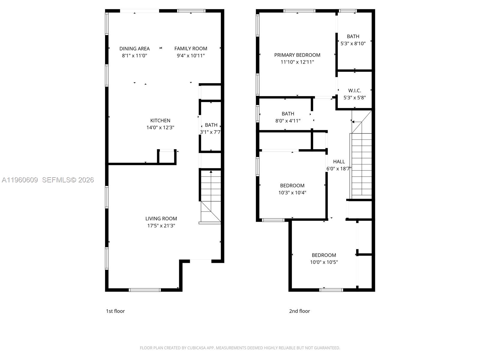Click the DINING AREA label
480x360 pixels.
pyautogui.click(x=134, y=49)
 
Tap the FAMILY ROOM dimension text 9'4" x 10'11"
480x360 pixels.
pyautogui.click(x=191, y=55)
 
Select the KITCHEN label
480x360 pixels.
pyautogui.click(x=160, y=121)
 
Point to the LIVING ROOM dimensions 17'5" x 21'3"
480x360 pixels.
pyautogui.click(x=161, y=226)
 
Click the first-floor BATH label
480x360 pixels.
pyautogui.click(x=211, y=125)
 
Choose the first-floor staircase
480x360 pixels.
pyautogui.click(x=211, y=195)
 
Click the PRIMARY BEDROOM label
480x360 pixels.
pyautogui.click(x=297, y=55)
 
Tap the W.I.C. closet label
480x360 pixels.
pyautogui.click(x=355, y=91)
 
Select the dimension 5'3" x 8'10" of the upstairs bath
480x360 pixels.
pyautogui.click(x=353, y=43)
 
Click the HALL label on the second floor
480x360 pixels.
pyautogui.click(x=339, y=162)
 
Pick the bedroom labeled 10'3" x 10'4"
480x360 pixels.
pyautogui.click(x=292, y=189)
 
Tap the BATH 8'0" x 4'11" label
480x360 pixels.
pyautogui.click(x=288, y=114)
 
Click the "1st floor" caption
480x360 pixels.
pyautogui.click(x=115, y=311)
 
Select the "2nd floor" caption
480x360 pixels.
pyautogui.click(x=299, y=311)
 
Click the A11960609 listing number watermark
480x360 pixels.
pyautogui.click(x=20, y=180)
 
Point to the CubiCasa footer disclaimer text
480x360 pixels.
pyautogui.click(x=240, y=348)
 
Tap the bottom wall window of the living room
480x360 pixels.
pyautogui.click(x=145, y=290)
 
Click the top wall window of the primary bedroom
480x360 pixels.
pyautogui.click(x=299, y=11)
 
